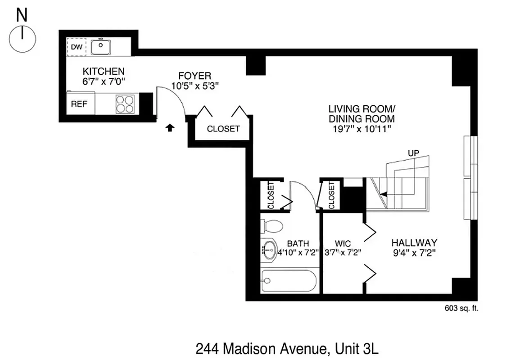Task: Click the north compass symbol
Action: tap(22, 39)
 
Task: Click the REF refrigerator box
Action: tap(79, 104)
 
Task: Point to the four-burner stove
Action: tap(125, 104)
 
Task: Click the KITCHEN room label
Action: tap(103, 71)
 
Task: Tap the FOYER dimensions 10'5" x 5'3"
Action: tap(194, 85)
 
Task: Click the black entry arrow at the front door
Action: tap(169, 128)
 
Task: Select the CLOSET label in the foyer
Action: tap(223, 129)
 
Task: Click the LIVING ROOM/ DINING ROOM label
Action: tap(362, 114)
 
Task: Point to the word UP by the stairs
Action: tap(413, 153)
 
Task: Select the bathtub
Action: tap(288, 281)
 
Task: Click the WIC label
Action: tap(343, 244)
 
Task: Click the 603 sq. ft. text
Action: tap(460, 308)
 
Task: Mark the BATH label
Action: tap(298, 244)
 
